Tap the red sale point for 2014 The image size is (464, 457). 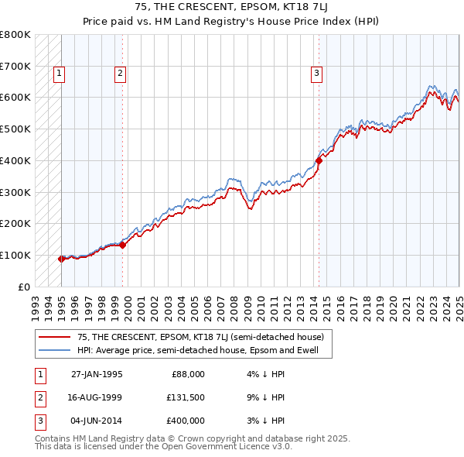tap(318, 161)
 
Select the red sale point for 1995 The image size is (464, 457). tap(62, 259)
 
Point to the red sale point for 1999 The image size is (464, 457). tap(122, 245)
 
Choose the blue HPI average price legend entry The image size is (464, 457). tap(203, 351)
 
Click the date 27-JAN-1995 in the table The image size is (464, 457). tap(97, 374)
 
